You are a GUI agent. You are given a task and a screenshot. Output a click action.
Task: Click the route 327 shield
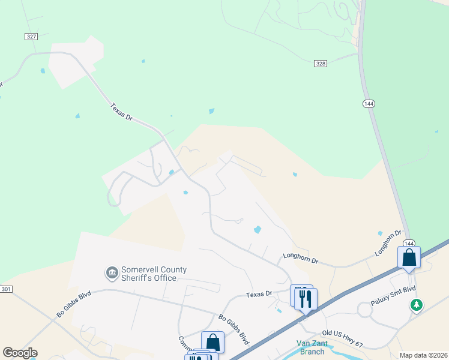(32, 37)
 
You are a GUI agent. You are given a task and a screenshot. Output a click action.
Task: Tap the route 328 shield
(321, 63)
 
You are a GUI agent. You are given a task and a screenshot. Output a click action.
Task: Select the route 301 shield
(6, 289)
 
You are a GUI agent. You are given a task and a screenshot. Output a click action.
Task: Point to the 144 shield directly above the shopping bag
(409, 243)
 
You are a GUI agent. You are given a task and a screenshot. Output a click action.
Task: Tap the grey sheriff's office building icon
(112, 274)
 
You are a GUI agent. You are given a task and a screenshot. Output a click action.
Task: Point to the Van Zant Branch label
(312, 347)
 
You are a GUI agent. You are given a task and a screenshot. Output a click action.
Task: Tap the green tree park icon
(416, 305)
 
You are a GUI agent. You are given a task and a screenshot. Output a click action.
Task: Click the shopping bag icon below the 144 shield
(409, 258)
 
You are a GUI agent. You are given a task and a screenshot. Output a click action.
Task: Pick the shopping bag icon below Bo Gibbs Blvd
(212, 342)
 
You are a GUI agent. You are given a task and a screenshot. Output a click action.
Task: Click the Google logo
(20, 353)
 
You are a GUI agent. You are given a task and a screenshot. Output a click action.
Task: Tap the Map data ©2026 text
(423, 355)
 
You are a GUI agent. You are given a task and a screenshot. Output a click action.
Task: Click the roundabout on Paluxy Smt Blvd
(366, 310)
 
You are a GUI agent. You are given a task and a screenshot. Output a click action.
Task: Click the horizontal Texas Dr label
(259, 295)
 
